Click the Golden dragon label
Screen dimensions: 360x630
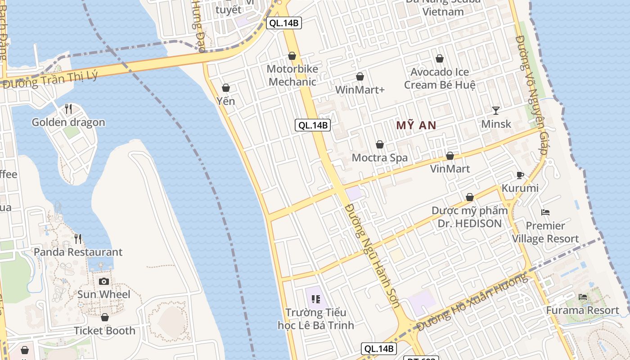point(68,122)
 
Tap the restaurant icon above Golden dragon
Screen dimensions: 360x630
point(68,108)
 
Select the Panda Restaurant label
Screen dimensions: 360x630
point(78,252)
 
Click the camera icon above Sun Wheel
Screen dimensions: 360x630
point(104,281)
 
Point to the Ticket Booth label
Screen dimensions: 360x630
point(104,331)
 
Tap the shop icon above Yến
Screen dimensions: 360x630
point(226,88)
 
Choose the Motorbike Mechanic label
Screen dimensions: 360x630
point(292,76)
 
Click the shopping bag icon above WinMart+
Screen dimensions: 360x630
point(360,77)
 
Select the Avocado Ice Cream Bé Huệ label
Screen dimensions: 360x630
point(440,78)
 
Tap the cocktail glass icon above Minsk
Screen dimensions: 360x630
point(496,110)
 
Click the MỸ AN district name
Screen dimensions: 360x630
point(416,126)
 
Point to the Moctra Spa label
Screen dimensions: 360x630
point(380,158)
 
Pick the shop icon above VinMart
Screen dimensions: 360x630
point(450,156)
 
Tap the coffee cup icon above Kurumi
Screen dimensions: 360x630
point(520,175)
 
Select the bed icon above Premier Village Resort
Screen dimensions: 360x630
point(545,212)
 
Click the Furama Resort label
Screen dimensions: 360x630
point(583,310)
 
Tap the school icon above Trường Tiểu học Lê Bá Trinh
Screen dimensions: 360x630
point(316,299)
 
